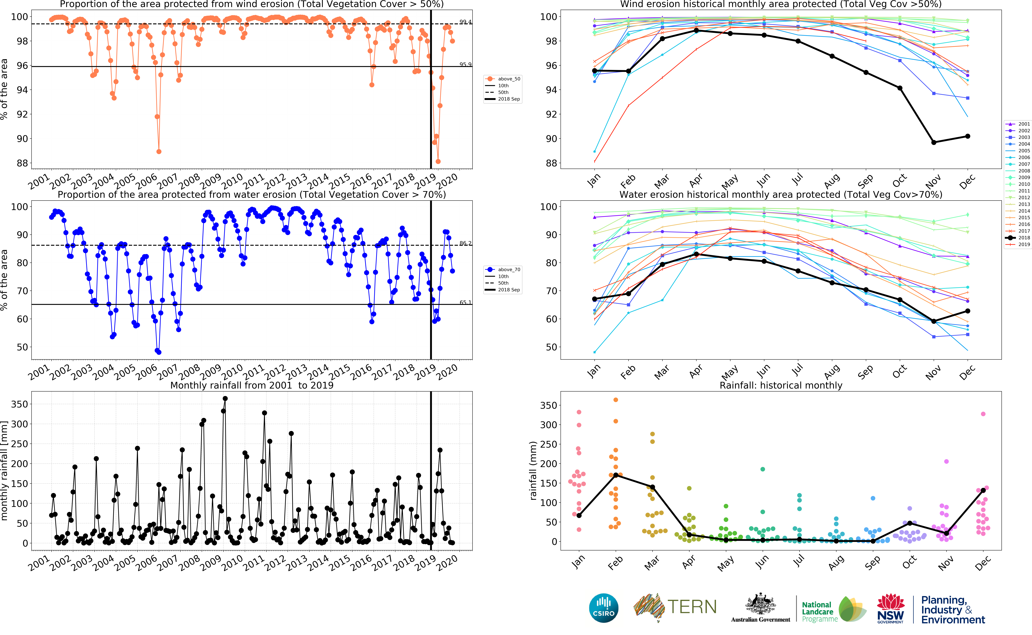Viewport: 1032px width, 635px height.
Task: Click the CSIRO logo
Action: [604, 608]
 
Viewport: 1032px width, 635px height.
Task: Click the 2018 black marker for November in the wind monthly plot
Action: [934, 142]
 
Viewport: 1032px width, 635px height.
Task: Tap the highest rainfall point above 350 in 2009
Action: [225, 399]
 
